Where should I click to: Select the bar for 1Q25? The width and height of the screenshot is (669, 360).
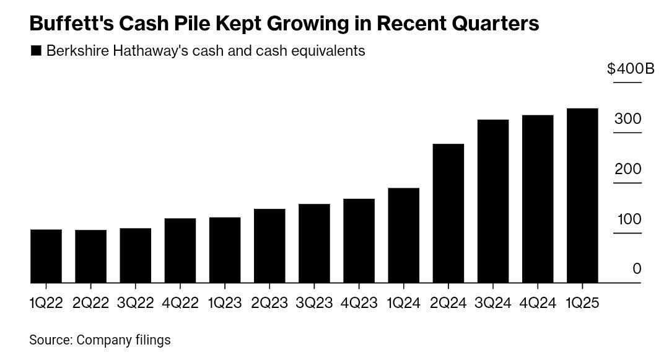coord(582,196)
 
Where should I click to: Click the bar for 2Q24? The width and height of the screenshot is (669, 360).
coord(448,214)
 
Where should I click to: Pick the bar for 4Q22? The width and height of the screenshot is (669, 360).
coord(180,251)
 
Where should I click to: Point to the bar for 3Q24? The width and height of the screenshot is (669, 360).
coord(493,201)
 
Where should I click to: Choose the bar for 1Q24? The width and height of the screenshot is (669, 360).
coord(403,235)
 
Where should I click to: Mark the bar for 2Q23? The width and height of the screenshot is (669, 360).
coord(269,246)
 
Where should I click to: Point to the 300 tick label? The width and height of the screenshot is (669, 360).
coord(627,119)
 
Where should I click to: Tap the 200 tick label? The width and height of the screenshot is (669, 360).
coord(627,169)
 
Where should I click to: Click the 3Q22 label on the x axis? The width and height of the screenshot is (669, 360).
coord(136,303)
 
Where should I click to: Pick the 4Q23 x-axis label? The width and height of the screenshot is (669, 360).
coord(359,303)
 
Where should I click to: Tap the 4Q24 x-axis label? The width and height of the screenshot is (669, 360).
coord(538,303)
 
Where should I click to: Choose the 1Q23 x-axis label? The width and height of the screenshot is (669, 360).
coord(225,303)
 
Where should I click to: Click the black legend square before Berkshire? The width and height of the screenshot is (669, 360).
coord(35,51)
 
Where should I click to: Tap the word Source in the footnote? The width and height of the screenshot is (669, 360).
coord(50,340)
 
